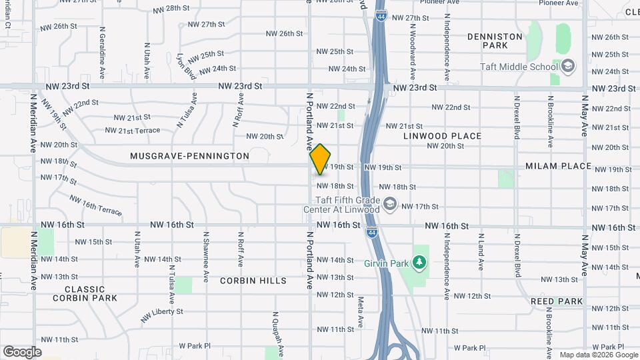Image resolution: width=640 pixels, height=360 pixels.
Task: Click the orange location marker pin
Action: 321,159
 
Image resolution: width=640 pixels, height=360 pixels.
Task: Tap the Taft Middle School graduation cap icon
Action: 568,66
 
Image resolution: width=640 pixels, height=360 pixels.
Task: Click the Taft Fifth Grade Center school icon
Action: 391,204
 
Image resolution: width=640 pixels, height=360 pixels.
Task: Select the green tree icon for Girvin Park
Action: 419,263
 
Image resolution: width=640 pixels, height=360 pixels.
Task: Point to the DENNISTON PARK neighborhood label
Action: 495,41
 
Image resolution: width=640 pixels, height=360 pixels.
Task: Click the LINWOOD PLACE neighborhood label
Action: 442,136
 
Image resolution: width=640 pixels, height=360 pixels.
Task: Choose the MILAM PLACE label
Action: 558,166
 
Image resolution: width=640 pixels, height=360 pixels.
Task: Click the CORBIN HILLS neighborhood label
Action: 253,281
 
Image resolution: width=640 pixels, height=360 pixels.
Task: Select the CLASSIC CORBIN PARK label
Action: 94,294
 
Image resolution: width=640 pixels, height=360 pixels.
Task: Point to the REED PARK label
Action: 557,301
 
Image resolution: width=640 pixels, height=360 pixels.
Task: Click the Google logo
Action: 22,351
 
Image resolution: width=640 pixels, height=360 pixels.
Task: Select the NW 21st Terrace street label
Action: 133,131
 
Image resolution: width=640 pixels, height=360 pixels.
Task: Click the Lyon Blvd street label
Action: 185,67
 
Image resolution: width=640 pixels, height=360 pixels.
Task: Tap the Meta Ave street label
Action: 360,311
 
